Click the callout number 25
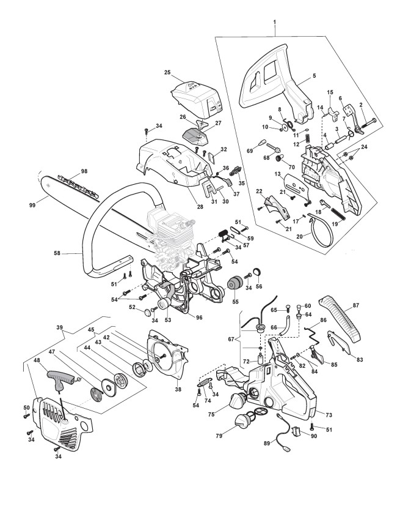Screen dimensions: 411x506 pos(167,72)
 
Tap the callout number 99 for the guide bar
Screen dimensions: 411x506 pos(32,204)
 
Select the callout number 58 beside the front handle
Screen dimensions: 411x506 pos(57,254)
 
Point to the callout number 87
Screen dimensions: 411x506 pos(355,305)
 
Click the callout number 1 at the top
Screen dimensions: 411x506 pos(274,22)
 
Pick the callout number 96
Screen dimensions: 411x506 pos(199,318)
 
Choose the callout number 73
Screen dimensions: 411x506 pos(329,415)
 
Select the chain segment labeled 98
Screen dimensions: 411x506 pos(78,185)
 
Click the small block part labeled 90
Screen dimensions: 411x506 pos(296,431)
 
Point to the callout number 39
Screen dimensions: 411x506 pos(59,327)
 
